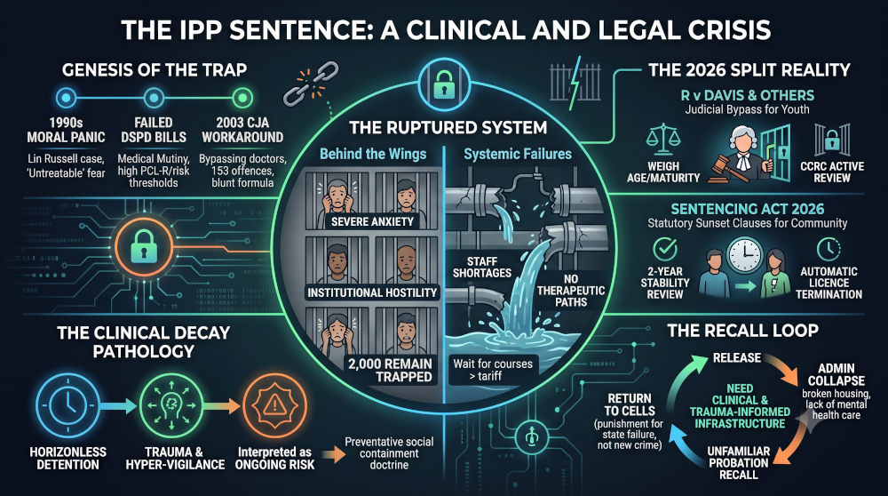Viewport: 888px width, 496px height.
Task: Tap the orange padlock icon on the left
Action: pos(143,247)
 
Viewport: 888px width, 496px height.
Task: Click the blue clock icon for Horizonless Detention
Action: pos(67,404)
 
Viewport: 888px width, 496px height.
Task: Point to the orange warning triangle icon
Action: pos(274,404)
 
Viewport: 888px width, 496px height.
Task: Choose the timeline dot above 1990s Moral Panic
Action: pos(66,98)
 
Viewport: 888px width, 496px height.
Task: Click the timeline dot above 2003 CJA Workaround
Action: pos(242,98)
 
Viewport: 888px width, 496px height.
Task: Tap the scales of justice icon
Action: pos(662,141)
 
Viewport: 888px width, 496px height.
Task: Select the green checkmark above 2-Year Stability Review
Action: pos(665,249)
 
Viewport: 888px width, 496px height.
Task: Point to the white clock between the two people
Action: pos(744,255)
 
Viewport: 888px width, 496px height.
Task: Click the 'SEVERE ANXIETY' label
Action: pos(372,221)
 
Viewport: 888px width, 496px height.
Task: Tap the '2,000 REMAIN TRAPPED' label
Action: pos(390,370)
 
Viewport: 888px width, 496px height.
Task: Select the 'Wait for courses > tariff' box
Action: pos(493,370)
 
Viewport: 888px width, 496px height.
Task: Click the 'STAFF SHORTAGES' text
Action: pos(482,267)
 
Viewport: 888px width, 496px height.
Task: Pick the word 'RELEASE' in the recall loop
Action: pos(737,357)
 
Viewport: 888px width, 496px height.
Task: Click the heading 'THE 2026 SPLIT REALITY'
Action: pos(749,70)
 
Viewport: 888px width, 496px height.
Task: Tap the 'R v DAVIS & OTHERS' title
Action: pos(748,95)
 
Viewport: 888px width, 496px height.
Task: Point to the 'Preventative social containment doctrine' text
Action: pos(389,453)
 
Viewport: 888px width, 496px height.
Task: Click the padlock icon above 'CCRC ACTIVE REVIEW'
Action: pos(832,140)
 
